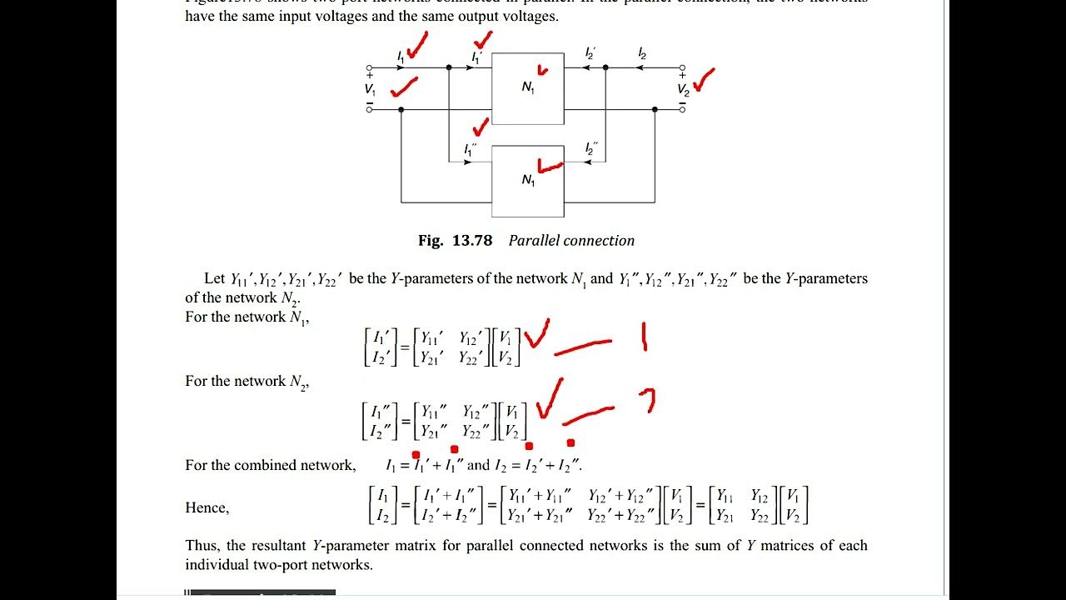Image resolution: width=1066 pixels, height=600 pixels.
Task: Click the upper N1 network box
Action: [528, 88]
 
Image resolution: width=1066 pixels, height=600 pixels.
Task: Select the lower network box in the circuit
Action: [528, 181]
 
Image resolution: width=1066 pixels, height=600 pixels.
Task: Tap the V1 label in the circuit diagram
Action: [370, 89]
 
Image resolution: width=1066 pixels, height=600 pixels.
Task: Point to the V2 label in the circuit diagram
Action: [683, 90]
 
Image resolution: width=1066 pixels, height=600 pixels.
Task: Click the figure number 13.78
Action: [472, 241]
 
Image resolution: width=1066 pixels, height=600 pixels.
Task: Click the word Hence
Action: [207, 507]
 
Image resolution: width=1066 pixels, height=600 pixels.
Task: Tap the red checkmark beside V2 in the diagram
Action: [704, 80]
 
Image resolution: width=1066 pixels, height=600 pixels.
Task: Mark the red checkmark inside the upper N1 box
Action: [543, 71]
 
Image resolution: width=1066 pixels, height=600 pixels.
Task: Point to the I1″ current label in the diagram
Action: [470, 150]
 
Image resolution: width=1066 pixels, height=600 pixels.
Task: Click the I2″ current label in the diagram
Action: [590, 149]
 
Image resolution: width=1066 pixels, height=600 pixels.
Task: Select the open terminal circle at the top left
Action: [370, 67]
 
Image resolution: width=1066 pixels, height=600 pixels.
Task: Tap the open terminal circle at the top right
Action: [682, 67]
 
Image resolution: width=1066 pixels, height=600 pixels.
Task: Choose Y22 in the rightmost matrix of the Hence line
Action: [760, 516]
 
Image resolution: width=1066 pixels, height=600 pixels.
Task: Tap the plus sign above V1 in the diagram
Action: [370, 77]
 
